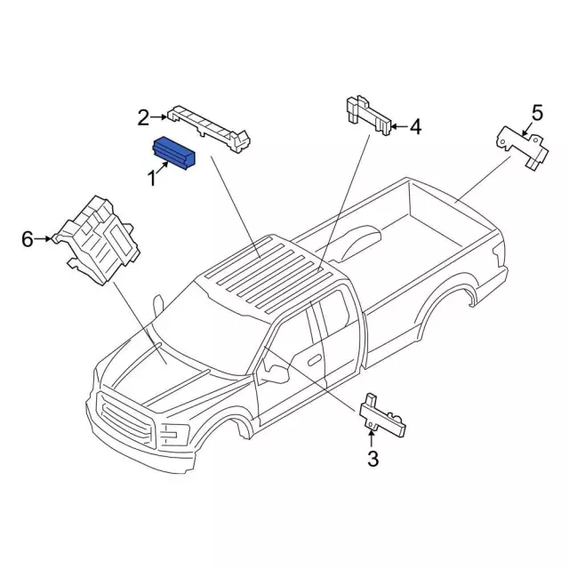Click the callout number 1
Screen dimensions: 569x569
(151, 179)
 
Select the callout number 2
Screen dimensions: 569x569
(143, 116)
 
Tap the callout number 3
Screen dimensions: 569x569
(373, 459)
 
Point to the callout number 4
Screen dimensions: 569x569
(415, 127)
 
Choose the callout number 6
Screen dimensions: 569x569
(28, 238)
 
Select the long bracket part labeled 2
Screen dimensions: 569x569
(209, 122)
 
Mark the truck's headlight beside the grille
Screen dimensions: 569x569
(173, 435)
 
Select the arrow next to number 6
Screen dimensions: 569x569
(43, 238)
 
